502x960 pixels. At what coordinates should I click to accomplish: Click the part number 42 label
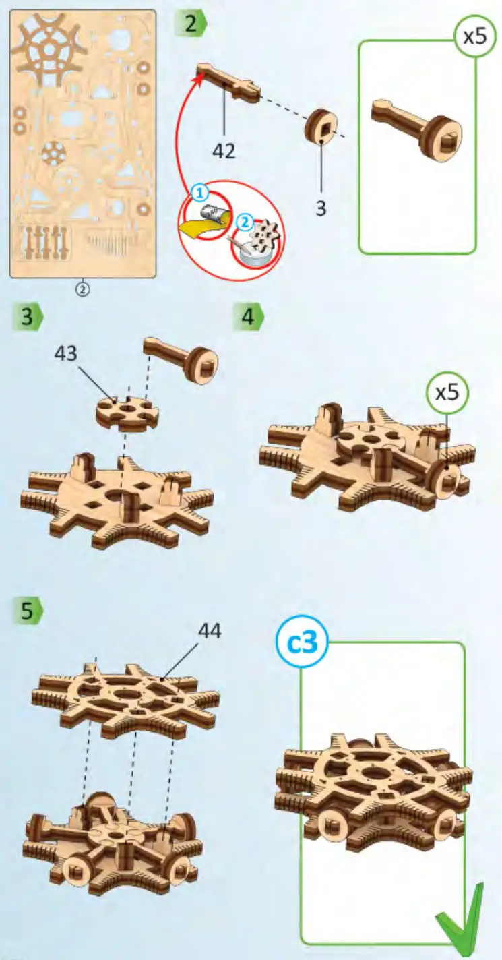click(224, 151)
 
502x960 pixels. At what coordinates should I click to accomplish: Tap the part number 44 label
click(209, 631)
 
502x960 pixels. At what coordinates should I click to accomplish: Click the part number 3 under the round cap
click(321, 208)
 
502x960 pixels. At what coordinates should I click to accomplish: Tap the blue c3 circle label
click(302, 644)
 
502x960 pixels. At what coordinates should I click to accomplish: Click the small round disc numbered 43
click(127, 413)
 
